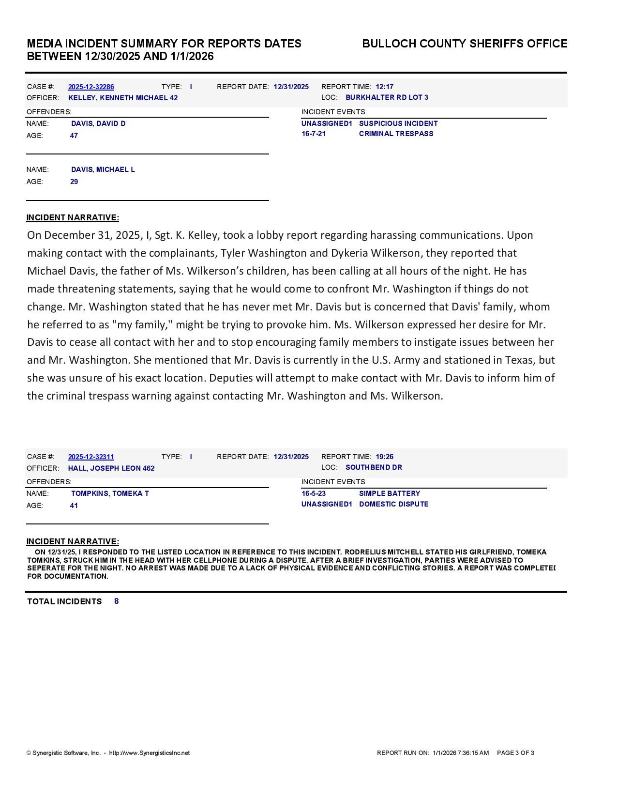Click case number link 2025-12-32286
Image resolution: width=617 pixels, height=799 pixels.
(91, 87)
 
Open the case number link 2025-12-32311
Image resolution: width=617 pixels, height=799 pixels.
(91, 457)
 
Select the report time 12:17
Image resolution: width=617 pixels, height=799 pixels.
(384, 87)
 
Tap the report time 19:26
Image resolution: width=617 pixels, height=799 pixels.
(384, 457)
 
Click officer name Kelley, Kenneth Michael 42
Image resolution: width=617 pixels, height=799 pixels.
(123, 98)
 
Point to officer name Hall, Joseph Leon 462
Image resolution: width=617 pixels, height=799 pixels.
(111, 468)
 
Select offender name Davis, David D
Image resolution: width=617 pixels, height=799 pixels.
(98, 123)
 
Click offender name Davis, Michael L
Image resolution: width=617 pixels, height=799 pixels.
(103, 169)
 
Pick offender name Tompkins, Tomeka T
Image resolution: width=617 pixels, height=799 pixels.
(110, 493)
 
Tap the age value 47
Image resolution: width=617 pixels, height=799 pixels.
(74, 136)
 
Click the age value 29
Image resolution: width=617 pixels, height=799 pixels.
(74, 182)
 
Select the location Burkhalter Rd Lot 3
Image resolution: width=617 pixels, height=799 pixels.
(387, 97)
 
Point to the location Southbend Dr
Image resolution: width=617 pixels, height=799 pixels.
(374, 467)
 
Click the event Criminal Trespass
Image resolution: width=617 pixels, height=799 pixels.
(396, 134)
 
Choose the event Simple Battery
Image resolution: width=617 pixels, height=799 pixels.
(390, 493)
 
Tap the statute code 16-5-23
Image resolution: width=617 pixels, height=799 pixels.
(314, 493)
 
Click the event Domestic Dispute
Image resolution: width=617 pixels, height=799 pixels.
(393, 504)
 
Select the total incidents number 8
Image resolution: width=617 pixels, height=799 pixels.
(117, 601)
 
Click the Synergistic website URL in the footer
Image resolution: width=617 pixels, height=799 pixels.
(150, 753)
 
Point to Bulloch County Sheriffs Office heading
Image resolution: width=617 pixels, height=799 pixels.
(465, 44)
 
